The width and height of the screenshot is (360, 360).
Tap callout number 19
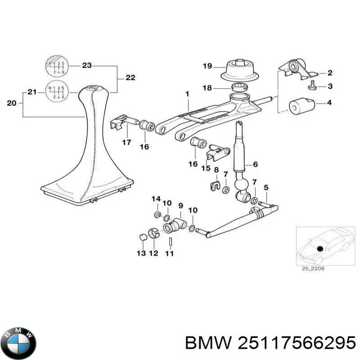207,67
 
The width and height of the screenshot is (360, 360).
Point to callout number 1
187,94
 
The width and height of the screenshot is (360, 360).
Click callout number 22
130,78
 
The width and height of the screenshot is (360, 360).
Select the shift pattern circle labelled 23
56,66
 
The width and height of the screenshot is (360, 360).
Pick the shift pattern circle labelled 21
56,92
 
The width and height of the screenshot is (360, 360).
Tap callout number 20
13,103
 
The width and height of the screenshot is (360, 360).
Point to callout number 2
330,72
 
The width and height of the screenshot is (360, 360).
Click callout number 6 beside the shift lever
255,165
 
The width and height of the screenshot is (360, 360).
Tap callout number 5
266,187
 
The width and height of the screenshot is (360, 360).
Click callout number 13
141,254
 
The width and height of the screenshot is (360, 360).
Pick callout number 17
126,143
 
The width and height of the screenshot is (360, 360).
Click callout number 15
206,169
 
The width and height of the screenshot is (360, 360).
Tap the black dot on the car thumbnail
320,248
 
